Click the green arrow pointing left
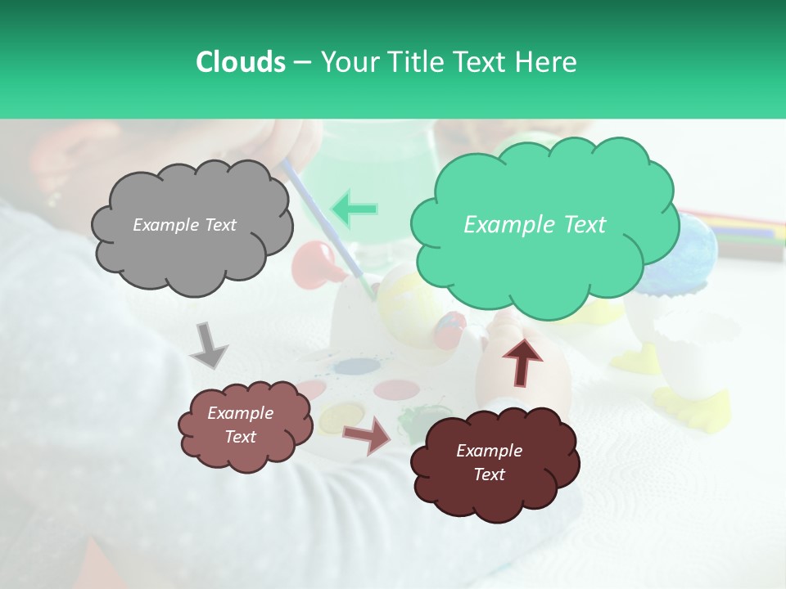(354, 209)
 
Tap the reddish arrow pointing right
(367, 434)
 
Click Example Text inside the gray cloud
(184, 225)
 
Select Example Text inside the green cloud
(535, 225)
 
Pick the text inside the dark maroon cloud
(489, 462)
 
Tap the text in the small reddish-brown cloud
(240, 425)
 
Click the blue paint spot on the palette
(352, 367)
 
